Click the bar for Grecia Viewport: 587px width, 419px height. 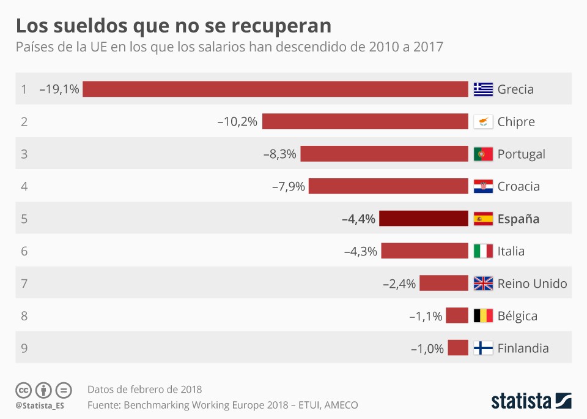275,89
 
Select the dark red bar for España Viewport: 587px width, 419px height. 423,219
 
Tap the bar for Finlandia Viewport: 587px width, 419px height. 457,348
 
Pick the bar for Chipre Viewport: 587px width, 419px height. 365,121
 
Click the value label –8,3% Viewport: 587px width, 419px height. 280,154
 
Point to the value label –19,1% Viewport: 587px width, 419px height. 59,89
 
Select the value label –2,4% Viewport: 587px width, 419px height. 399,284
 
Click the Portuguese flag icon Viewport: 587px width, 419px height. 483,154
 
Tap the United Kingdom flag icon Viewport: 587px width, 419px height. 483,284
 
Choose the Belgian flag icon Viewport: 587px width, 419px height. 483,316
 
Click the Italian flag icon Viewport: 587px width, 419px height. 483,251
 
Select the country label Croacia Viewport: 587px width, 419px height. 519,186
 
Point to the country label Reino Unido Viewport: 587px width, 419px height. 532,284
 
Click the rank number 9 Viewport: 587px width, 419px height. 24,349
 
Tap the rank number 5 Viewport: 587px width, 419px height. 24,219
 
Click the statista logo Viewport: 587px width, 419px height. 531,401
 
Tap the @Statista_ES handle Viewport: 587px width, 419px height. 40,406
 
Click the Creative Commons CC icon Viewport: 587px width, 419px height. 23,390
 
